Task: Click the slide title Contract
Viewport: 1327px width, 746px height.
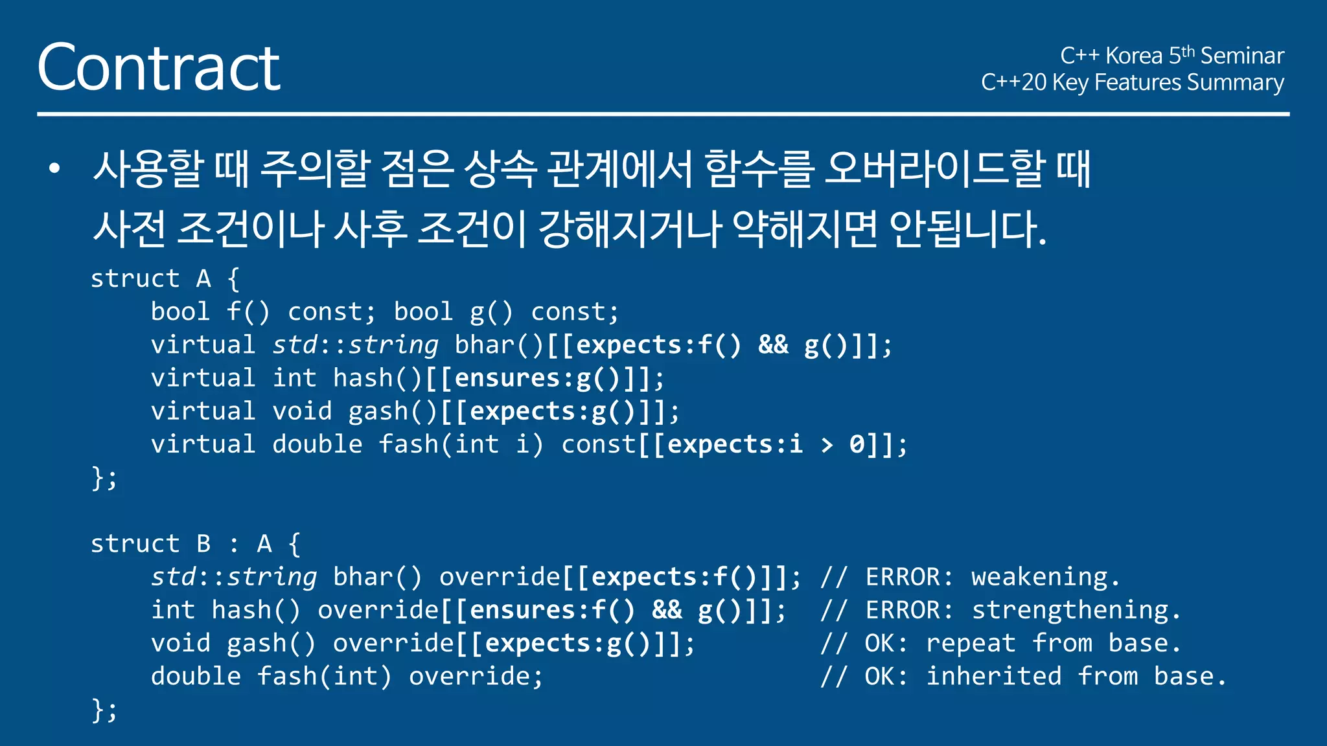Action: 159,67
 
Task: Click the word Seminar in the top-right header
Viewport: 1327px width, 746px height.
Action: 1241,56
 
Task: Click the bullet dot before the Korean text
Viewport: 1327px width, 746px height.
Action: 54,169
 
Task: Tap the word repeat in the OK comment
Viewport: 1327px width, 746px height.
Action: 971,643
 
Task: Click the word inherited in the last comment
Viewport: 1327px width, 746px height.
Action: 993,676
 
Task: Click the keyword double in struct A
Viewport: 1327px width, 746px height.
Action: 317,444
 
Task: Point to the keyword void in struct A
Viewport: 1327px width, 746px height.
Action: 302,411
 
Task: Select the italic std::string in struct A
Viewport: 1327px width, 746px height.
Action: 355,345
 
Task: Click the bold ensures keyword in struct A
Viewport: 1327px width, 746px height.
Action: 507,378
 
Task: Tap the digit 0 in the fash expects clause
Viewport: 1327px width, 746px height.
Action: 857,445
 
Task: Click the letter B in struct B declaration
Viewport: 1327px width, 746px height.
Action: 203,544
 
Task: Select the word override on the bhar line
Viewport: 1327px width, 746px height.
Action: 500,576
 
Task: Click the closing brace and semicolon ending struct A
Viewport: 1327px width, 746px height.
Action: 104,479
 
